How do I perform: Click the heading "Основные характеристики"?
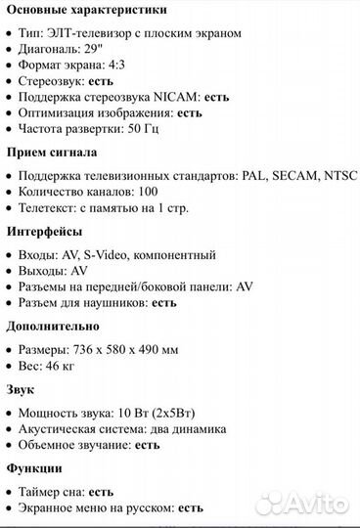[x=86, y=10]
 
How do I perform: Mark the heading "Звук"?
[x=22, y=389]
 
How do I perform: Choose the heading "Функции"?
[x=34, y=468]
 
